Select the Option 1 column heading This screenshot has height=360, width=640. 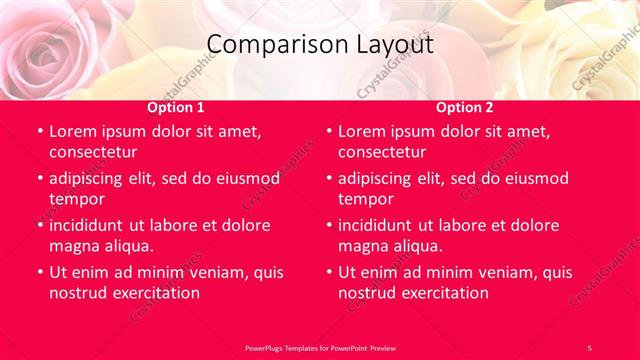(176, 107)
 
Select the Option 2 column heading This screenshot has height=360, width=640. (465, 107)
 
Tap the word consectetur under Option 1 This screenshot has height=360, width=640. (92, 152)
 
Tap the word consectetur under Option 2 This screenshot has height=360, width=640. (381, 152)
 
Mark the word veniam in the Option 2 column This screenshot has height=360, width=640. (510, 272)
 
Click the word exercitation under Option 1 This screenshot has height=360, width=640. (155, 292)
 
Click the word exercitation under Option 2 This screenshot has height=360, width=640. (444, 292)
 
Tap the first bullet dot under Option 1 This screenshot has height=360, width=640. (40, 132)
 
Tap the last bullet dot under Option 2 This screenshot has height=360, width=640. (329, 272)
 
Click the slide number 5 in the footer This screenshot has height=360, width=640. (589, 347)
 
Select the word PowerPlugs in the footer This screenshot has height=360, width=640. (268, 347)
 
